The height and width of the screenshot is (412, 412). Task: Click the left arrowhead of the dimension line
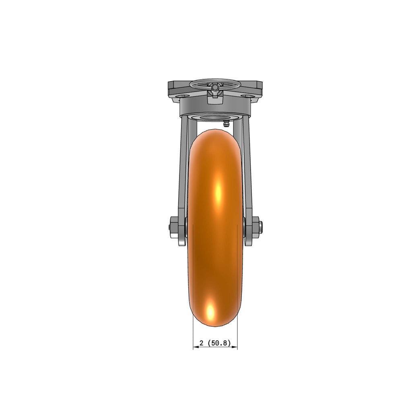(x=196, y=347)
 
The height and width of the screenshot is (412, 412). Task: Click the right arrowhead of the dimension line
(x=235, y=347)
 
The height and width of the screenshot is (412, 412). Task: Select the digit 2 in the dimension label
(x=202, y=343)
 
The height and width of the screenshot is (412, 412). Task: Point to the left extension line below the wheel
(x=193, y=333)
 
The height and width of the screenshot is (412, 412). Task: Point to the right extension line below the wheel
(x=237, y=333)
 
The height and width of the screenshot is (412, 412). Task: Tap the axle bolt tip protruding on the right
(x=260, y=227)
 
